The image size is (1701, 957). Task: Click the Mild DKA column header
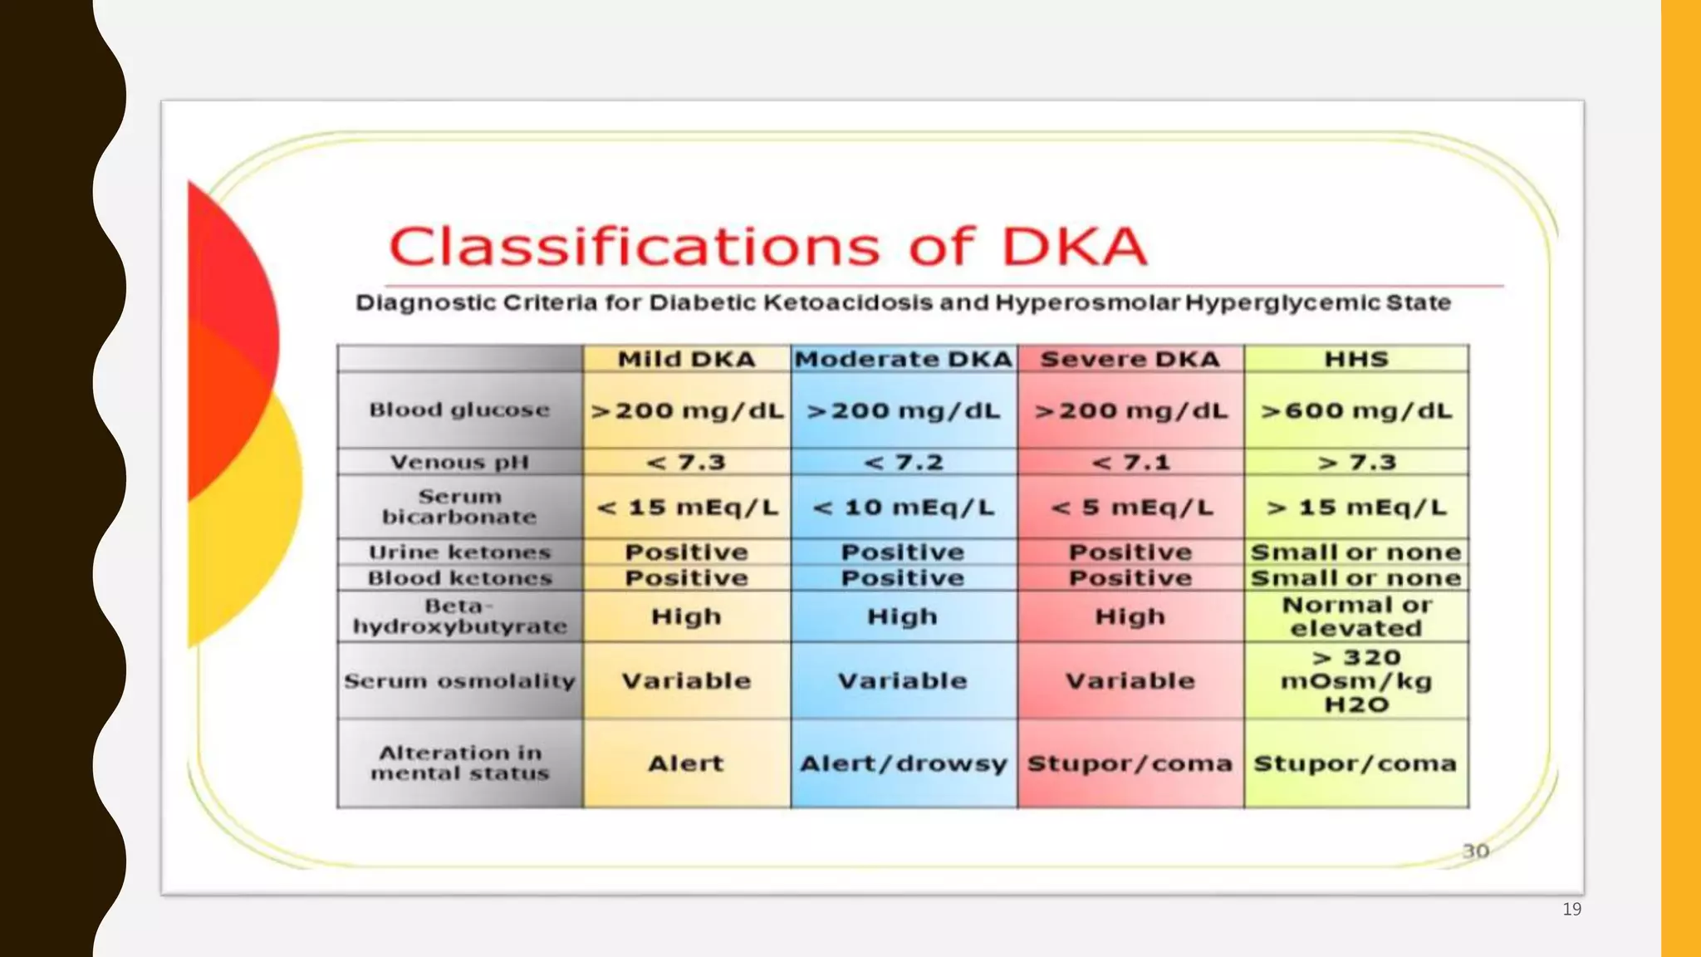point(686,359)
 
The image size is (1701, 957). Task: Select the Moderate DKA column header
point(904,359)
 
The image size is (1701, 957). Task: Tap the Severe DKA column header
point(1130,359)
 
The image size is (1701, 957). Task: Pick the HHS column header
point(1355,359)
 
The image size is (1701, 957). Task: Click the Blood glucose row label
point(459,410)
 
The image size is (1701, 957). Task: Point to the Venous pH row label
point(459,462)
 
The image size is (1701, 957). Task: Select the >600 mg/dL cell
point(1355,410)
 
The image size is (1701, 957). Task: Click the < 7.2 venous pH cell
point(904,462)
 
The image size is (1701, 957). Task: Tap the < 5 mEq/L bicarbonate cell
point(1130,507)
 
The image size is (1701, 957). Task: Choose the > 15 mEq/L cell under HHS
point(1355,507)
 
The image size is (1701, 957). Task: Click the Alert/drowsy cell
point(904,763)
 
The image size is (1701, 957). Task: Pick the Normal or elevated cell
point(1355,616)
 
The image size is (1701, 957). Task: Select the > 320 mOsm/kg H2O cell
point(1355,680)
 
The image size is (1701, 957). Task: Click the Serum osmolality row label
point(459,680)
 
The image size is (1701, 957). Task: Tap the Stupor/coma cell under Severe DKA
point(1130,763)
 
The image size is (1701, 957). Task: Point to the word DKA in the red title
point(1075,247)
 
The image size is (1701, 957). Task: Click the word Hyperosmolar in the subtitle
point(1087,302)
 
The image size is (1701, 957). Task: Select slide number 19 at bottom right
point(1571,909)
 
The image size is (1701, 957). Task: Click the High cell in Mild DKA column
point(686,616)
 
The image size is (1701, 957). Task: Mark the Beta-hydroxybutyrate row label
point(459,616)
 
